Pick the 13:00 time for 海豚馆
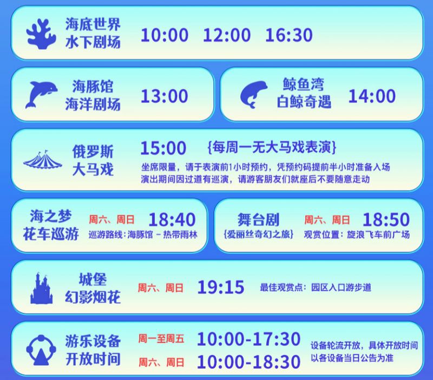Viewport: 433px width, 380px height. click(165, 96)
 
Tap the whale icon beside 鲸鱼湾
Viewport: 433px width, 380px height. click(255, 95)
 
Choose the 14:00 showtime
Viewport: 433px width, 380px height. click(371, 96)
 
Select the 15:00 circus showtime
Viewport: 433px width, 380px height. click(163, 147)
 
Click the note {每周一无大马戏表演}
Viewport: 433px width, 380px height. click(272, 147)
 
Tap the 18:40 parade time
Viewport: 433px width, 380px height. click(171, 219)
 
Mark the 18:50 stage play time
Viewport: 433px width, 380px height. click(386, 219)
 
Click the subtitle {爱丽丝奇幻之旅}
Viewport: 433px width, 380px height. click(258, 235)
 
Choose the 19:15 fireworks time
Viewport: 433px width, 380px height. click(221, 287)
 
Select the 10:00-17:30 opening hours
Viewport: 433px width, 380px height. click(248, 339)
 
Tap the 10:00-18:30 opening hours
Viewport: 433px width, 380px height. click(248, 361)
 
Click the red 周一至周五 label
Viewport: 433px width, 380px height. click(161, 339)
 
